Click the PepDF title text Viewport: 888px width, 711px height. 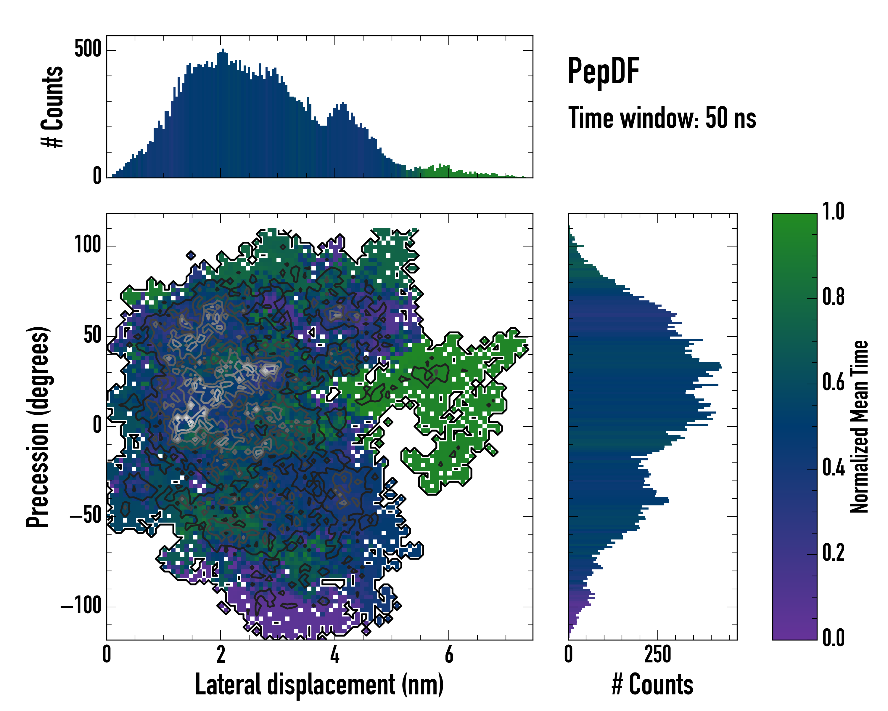pos(603,71)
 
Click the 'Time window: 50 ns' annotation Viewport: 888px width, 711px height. pos(662,118)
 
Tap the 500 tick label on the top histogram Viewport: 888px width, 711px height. pos(88,49)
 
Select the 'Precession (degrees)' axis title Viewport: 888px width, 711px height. pos(38,427)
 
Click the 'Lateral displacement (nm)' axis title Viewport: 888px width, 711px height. pos(319,684)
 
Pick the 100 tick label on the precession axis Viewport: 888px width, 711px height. pos(88,245)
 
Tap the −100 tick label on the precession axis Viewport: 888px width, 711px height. pos(81,606)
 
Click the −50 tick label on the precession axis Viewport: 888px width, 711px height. pos(85,516)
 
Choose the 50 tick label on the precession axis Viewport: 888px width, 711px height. pos(92,336)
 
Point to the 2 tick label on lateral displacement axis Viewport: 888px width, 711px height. pos(221,654)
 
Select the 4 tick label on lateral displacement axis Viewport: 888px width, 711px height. pos(335,654)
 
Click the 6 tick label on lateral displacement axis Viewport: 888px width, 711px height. pos(449,654)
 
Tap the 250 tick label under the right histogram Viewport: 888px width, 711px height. pos(658,654)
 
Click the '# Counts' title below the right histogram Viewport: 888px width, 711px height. pos(652,684)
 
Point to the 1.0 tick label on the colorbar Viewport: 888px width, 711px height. pos(833,212)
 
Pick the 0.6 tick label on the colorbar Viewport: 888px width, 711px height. pos(833,382)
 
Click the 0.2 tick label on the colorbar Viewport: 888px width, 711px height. pos(833,553)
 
